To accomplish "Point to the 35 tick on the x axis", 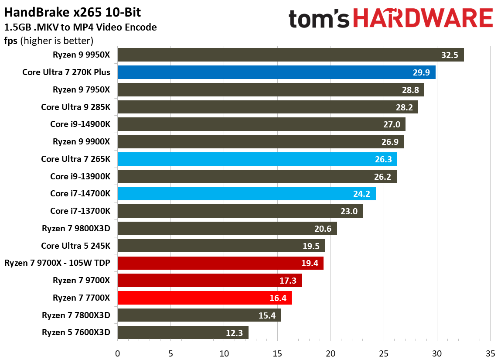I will coord(490,353).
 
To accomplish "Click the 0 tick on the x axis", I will coord(117,353).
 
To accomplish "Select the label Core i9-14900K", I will coord(80,124).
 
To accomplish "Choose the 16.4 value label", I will coord(277,298).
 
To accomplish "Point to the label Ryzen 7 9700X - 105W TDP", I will coord(58,263).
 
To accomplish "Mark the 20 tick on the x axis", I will coord(331,353).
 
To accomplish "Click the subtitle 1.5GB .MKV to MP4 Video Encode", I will coord(80,27).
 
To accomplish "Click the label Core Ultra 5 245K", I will coord(75,246).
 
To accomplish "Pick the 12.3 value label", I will coord(235,333).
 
